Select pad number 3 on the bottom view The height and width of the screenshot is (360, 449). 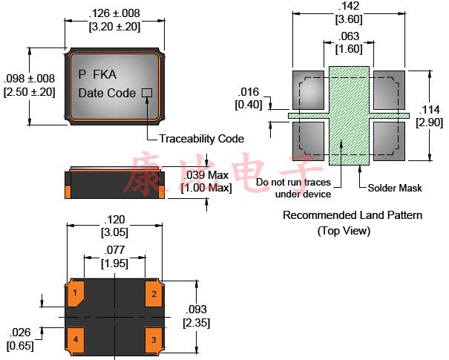[154, 340]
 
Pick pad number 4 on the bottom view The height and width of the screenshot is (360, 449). [76, 340]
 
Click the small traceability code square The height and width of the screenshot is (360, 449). [146, 94]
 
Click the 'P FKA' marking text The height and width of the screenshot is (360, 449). [97, 73]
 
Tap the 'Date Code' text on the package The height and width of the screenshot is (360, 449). [107, 94]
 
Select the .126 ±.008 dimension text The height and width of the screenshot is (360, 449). [114, 13]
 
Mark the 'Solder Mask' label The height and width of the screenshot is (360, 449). [395, 189]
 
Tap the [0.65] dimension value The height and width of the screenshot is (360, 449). [19, 344]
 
